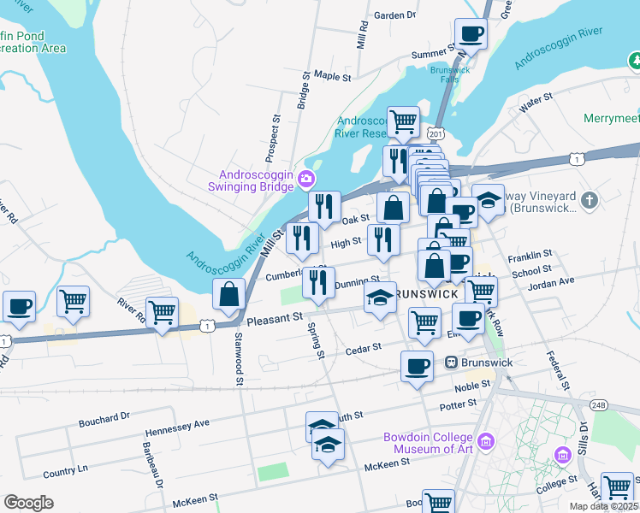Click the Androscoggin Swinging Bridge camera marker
(x=306, y=179)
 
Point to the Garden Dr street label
(x=394, y=15)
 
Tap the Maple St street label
(x=333, y=76)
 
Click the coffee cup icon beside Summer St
(x=471, y=35)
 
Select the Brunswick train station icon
(x=449, y=363)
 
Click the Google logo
(x=28, y=503)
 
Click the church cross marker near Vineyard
(x=588, y=200)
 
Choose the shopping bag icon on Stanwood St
(x=230, y=296)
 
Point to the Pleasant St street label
(x=276, y=319)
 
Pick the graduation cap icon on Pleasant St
(x=381, y=298)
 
